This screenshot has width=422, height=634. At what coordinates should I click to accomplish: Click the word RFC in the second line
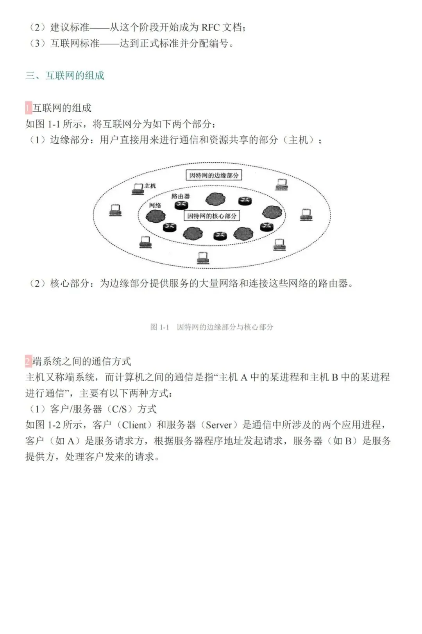[x=211, y=27]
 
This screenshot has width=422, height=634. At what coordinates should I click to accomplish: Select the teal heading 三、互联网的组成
[x=65, y=75]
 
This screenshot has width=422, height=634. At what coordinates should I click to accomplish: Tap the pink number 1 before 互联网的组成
[x=28, y=108]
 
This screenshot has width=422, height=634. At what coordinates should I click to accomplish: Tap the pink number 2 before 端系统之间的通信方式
[x=28, y=361]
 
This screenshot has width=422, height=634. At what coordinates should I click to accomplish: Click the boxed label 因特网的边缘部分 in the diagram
[x=214, y=175]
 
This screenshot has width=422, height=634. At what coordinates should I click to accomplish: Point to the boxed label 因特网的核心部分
[x=212, y=216]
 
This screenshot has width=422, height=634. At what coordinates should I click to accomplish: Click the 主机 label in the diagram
[x=150, y=186]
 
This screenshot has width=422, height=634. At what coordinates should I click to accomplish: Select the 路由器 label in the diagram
[x=181, y=196]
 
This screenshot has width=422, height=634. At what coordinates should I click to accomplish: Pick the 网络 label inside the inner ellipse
[x=155, y=205]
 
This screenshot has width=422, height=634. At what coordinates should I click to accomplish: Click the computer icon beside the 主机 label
[x=138, y=189]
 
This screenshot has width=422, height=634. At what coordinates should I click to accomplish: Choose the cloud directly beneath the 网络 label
[x=156, y=216]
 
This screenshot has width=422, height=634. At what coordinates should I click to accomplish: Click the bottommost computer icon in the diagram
[x=203, y=257]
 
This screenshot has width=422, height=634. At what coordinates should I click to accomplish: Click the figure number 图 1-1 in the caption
[x=159, y=327]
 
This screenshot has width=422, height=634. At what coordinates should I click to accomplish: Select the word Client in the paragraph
[x=134, y=425]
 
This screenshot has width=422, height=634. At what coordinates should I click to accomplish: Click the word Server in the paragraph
[x=219, y=425]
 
